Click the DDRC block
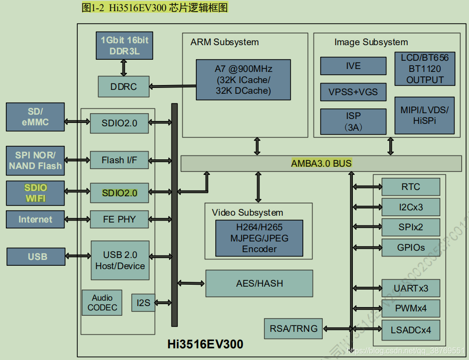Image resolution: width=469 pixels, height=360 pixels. pyautogui.click(x=123, y=87)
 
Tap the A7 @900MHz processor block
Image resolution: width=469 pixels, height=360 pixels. pyautogui.click(x=243, y=80)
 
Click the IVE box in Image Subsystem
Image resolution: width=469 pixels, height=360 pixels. pyautogui.click(x=353, y=66)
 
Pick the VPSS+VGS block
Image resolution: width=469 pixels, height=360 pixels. pyautogui.click(x=353, y=92)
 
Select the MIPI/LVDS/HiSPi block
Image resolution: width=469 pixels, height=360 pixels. pyautogui.click(x=424, y=115)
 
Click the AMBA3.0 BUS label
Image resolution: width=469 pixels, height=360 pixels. pyautogui.click(x=321, y=163)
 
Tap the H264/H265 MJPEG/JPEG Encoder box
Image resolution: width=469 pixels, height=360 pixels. pyautogui.click(x=259, y=238)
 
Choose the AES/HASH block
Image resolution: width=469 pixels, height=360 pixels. pyautogui.click(x=259, y=284)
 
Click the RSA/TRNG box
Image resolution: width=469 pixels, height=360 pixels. pyautogui.click(x=293, y=329)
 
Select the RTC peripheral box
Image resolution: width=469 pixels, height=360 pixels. pyautogui.click(x=411, y=187)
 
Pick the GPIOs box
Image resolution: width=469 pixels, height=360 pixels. pyautogui.click(x=411, y=248)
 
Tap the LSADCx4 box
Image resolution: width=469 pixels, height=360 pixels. pyautogui.click(x=411, y=333)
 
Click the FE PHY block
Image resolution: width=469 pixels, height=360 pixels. pyautogui.click(x=119, y=219)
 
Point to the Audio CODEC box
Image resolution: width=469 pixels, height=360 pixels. pyautogui.click(x=102, y=303)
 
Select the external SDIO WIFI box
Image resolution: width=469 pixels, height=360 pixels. pyautogui.click(x=35, y=193)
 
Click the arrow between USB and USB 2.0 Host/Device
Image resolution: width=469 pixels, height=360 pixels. pyautogui.click(x=78, y=256)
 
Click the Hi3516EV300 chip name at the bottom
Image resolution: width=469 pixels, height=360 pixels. pyautogui.click(x=205, y=344)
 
